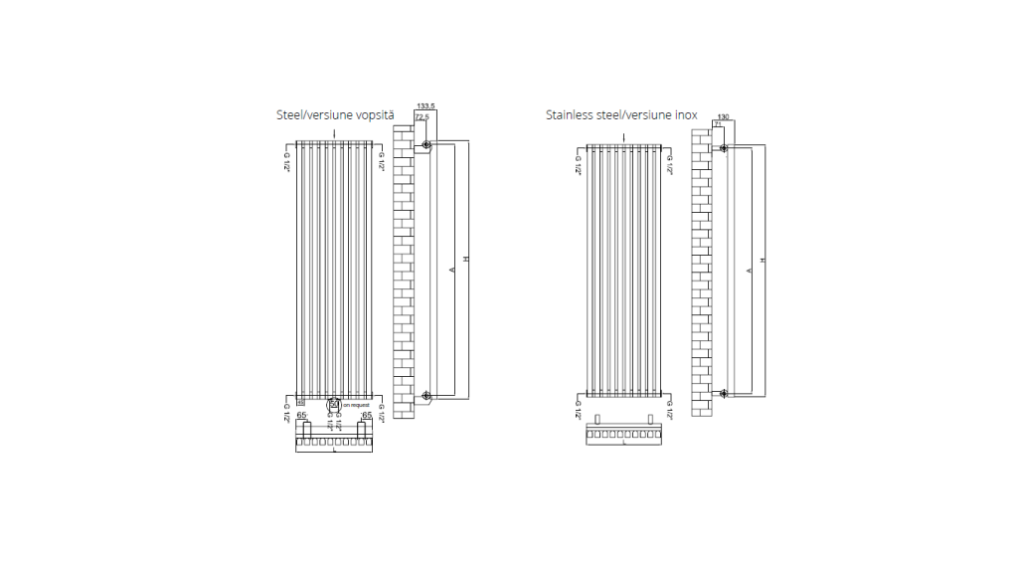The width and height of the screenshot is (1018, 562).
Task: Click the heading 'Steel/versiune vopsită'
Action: [x=335, y=115]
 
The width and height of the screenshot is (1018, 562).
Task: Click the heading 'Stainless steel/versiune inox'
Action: [x=620, y=115]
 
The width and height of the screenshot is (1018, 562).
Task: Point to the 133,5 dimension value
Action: [x=426, y=105]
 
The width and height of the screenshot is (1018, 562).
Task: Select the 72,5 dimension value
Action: [x=422, y=117]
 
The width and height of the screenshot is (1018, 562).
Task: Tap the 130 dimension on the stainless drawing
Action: [x=723, y=117]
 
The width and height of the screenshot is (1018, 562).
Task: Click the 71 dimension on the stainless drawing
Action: [x=718, y=125]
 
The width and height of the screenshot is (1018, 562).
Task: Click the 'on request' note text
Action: [x=356, y=406]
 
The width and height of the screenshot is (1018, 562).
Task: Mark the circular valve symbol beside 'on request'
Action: [x=334, y=405]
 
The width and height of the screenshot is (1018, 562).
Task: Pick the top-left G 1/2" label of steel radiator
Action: [x=286, y=161]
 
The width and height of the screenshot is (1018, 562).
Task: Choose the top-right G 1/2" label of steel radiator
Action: [x=381, y=161]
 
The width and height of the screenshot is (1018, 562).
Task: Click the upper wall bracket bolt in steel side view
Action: [x=426, y=146]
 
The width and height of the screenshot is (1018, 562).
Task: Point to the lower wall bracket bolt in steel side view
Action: [x=426, y=397]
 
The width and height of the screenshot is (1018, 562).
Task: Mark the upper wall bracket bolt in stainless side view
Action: [x=723, y=149]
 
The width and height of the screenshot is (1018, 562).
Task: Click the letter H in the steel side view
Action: [x=465, y=260]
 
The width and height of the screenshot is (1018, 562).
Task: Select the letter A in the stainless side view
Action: [x=748, y=270]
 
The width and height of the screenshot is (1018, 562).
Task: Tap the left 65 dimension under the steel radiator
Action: [x=302, y=415]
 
